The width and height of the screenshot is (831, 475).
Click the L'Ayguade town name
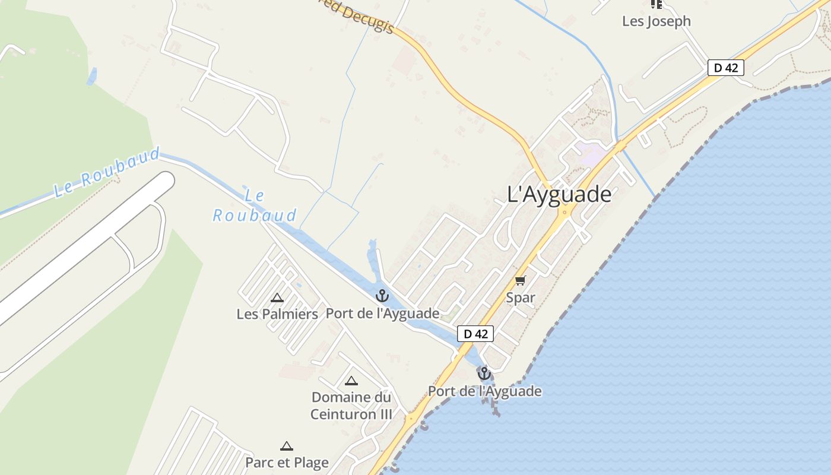[x=559, y=194]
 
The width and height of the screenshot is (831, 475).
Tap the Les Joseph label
[x=656, y=21]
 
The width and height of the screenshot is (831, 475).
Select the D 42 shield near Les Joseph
[x=725, y=68]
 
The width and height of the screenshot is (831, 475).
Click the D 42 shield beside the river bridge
[x=475, y=334]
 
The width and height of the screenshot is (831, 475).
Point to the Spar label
[x=521, y=297]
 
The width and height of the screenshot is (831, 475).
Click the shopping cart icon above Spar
[x=521, y=280]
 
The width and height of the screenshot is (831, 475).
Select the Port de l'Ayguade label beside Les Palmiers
[x=383, y=313]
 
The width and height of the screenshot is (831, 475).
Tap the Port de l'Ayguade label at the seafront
[x=485, y=391]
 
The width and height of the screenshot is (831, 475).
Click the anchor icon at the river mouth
[x=484, y=373]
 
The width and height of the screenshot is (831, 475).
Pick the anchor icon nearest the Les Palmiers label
[x=382, y=295]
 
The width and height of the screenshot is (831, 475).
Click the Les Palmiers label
[x=277, y=314]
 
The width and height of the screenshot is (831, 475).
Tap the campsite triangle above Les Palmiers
[x=277, y=297]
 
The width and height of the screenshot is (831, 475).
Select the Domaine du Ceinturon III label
[x=351, y=406]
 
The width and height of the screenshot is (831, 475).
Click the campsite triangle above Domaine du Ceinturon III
[x=351, y=381]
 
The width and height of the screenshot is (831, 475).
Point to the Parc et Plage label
[x=287, y=463]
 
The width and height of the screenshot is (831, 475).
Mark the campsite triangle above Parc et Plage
[x=287, y=446]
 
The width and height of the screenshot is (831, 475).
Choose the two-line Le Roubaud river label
[x=255, y=205]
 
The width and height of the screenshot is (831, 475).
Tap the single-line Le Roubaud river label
[x=107, y=173]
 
